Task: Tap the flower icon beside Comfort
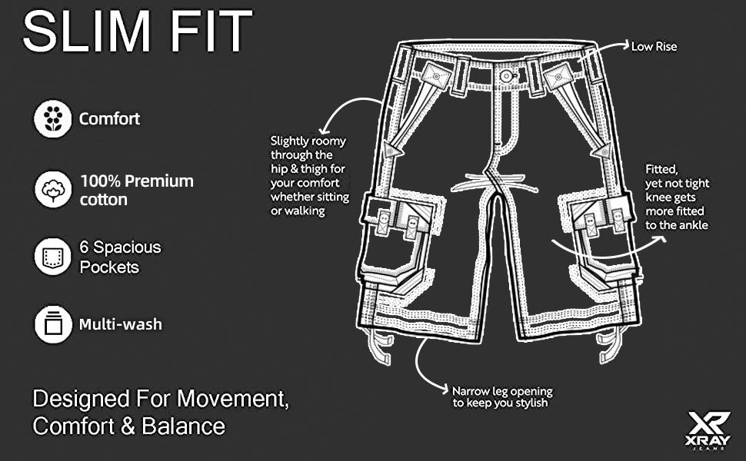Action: (x=53, y=119)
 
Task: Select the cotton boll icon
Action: (x=53, y=189)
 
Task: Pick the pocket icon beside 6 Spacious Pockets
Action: (x=53, y=257)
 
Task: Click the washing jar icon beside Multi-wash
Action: (x=53, y=324)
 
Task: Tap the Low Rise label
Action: (x=654, y=47)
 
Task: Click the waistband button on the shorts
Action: (x=505, y=75)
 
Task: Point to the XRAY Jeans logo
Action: (x=708, y=430)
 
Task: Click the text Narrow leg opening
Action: (x=502, y=391)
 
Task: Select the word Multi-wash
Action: (x=121, y=324)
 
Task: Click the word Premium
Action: (x=159, y=181)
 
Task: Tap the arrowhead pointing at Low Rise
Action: (x=624, y=45)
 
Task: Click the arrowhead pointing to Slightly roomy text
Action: (x=324, y=129)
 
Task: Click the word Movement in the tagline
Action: (x=233, y=398)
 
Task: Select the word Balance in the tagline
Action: (x=184, y=426)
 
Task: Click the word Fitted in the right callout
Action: (x=661, y=170)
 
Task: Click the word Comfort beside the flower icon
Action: (x=109, y=119)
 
